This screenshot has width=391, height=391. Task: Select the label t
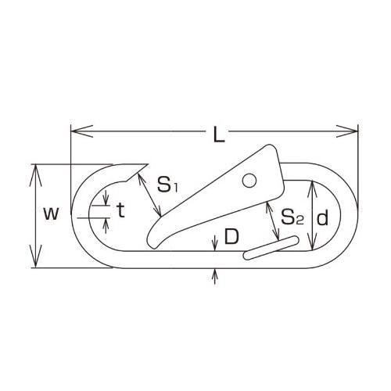(x=120, y=210)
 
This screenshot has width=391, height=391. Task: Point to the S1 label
(x=168, y=186)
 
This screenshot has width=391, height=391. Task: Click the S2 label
(x=292, y=216)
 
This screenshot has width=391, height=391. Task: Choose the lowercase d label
(x=322, y=219)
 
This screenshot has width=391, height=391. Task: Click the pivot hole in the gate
(x=249, y=181)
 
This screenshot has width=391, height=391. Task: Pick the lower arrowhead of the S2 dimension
(x=277, y=239)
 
